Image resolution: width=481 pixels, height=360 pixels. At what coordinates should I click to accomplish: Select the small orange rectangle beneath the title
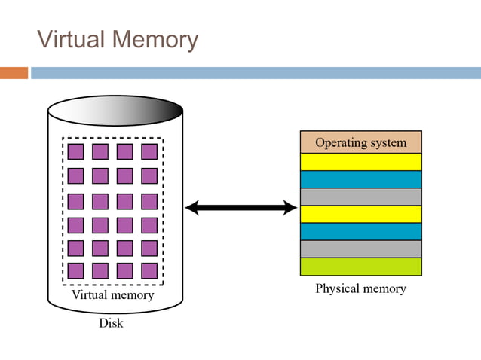pyautogui.click(x=14, y=73)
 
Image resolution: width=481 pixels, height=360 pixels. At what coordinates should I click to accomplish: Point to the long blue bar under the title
pyautogui.click(x=255, y=73)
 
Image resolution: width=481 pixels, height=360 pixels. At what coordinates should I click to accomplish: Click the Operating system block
pyautogui.click(x=360, y=142)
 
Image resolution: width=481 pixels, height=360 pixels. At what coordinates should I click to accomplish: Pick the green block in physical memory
pyautogui.click(x=360, y=267)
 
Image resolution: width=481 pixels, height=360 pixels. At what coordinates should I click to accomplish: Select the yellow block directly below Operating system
pyautogui.click(x=360, y=162)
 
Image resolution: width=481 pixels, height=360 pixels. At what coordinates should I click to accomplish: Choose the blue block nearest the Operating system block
pyautogui.click(x=360, y=179)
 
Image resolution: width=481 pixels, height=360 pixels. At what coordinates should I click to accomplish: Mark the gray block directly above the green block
pyautogui.click(x=360, y=249)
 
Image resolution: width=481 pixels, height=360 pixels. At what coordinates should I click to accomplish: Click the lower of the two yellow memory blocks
pyautogui.click(x=360, y=214)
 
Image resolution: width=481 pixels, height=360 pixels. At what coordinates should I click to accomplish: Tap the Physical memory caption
pyautogui.click(x=360, y=288)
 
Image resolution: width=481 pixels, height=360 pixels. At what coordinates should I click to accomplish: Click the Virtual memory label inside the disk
pyautogui.click(x=112, y=295)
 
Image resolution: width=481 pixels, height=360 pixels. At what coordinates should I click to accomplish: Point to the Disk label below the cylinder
pyautogui.click(x=112, y=324)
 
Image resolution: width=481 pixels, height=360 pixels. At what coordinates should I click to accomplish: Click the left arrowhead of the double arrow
pyautogui.click(x=191, y=208)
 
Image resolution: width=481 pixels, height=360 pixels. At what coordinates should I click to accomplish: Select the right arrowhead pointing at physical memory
pyautogui.click(x=290, y=208)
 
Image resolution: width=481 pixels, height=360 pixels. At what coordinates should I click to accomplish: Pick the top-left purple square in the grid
pyautogui.click(x=75, y=151)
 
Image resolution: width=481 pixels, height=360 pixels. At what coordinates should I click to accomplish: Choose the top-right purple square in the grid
pyautogui.click(x=149, y=151)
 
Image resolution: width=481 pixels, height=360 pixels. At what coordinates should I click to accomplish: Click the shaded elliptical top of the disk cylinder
pyautogui.click(x=115, y=112)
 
